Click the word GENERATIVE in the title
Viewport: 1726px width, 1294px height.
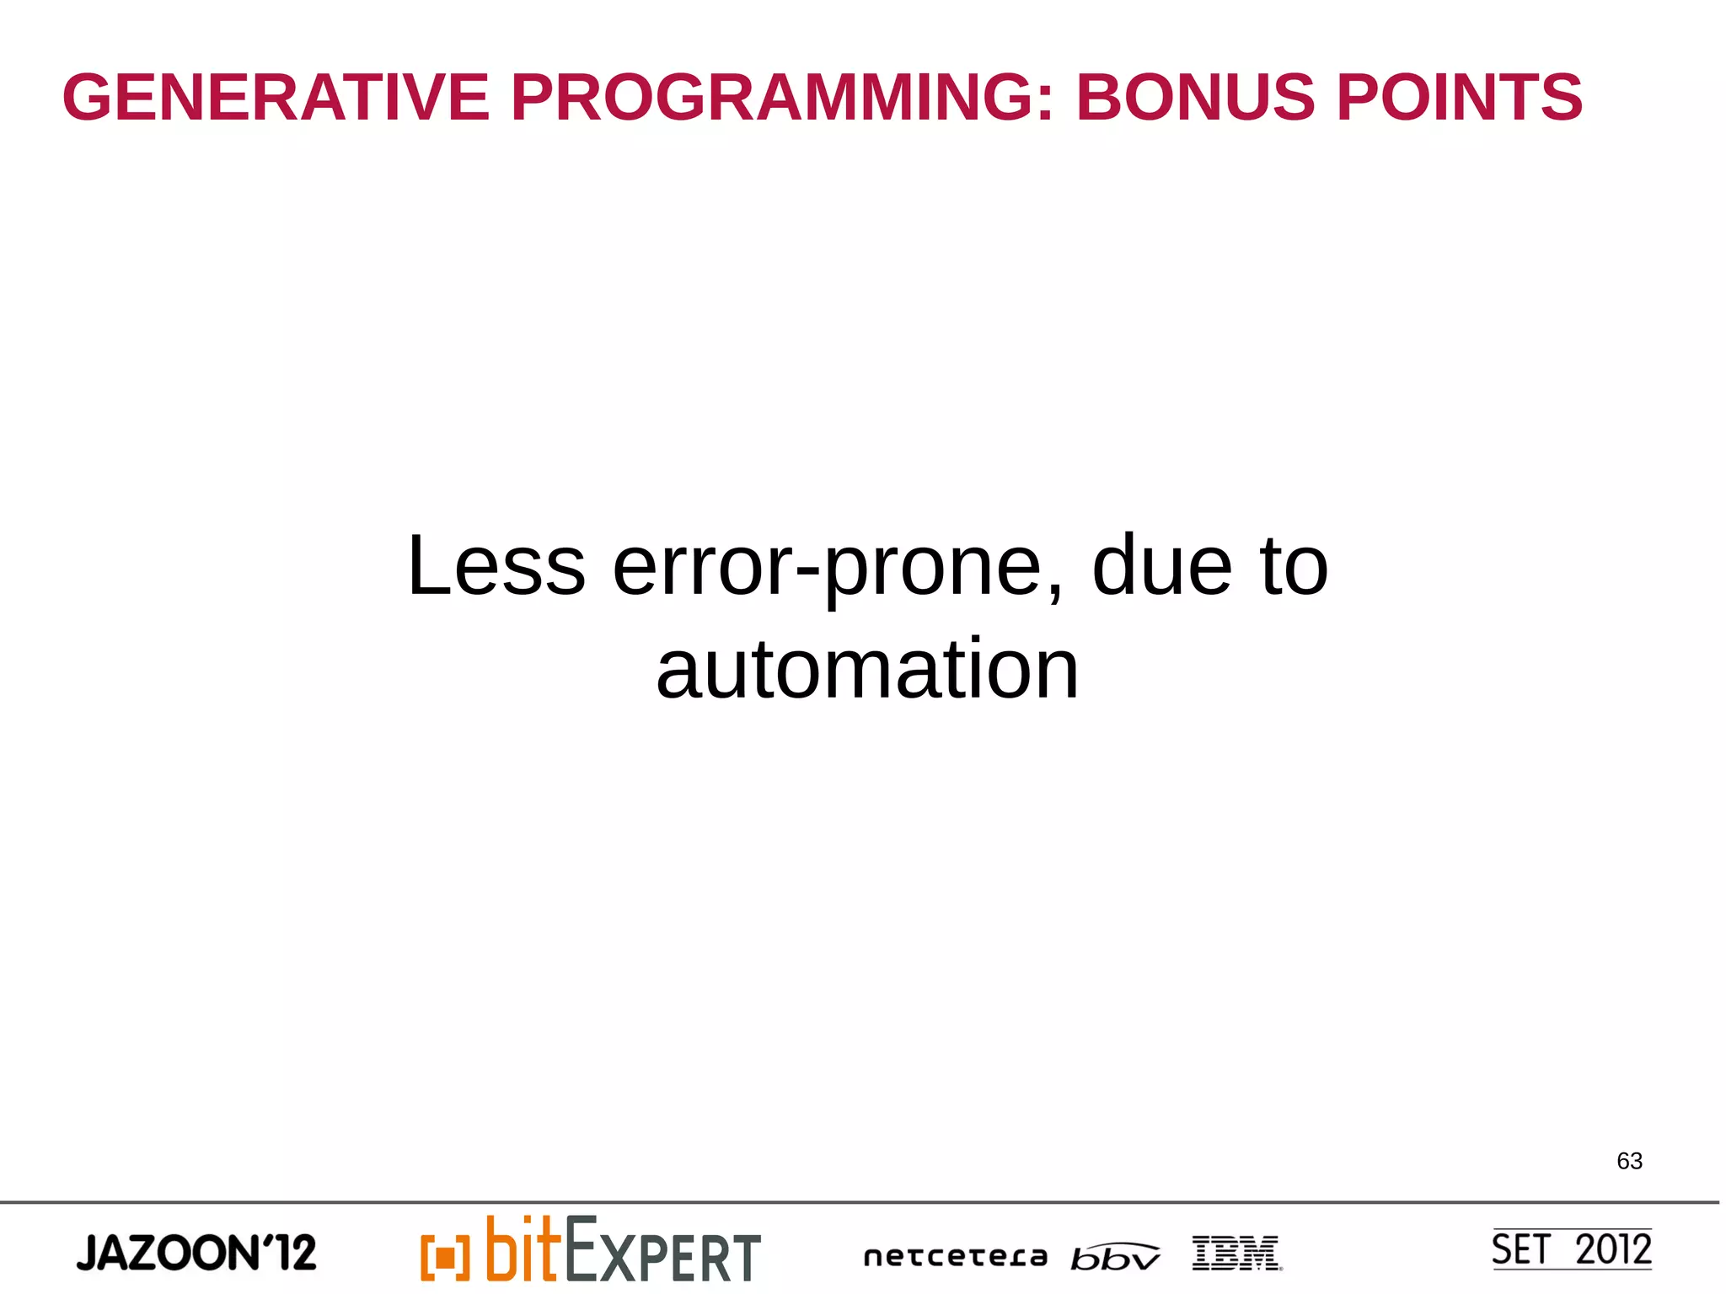(276, 98)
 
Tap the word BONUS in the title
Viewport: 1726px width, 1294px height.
(1194, 98)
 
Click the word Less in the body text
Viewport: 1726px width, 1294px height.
(496, 566)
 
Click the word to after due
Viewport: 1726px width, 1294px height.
(1294, 566)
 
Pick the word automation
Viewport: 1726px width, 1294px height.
(867, 670)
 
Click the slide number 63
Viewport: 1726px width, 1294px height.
(1629, 1161)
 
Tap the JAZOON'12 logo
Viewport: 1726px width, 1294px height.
(196, 1252)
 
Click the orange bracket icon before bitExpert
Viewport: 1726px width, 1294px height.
(445, 1257)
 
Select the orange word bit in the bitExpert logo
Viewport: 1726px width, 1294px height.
(523, 1249)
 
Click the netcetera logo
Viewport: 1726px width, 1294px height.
(955, 1257)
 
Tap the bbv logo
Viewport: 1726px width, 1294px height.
(1114, 1257)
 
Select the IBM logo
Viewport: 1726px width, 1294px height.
(1236, 1253)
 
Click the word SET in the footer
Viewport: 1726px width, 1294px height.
(1520, 1249)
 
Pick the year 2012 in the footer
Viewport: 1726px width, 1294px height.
(1613, 1249)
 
